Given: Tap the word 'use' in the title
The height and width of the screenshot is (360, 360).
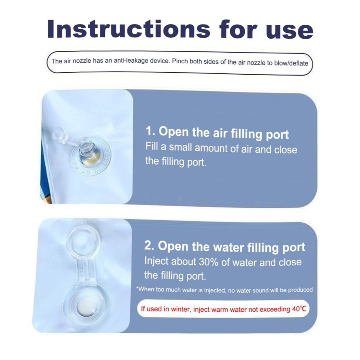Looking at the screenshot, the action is point(289,31).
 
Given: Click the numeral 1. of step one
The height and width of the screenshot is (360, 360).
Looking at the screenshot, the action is point(150,131).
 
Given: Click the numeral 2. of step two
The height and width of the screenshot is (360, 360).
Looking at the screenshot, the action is point(149,245).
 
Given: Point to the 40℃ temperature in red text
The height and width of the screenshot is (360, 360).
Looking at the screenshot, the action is point(299,309).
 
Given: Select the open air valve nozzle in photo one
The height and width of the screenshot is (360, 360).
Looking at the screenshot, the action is point(87,149).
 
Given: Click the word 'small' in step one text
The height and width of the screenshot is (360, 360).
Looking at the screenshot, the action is point(180,147).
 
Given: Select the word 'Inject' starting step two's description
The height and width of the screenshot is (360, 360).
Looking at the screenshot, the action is point(156,261).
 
